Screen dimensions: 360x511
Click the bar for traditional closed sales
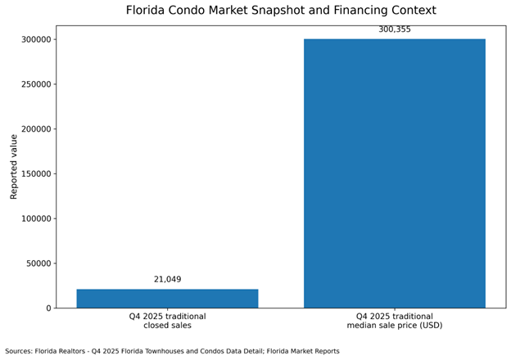(167, 299)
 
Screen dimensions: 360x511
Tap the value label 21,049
(167, 280)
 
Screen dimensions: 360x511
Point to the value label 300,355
(394, 30)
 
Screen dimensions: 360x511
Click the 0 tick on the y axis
(47, 308)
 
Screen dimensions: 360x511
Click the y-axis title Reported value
(14, 167)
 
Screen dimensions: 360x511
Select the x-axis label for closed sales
(167, 321)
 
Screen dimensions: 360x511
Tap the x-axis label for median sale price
(394, 321)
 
